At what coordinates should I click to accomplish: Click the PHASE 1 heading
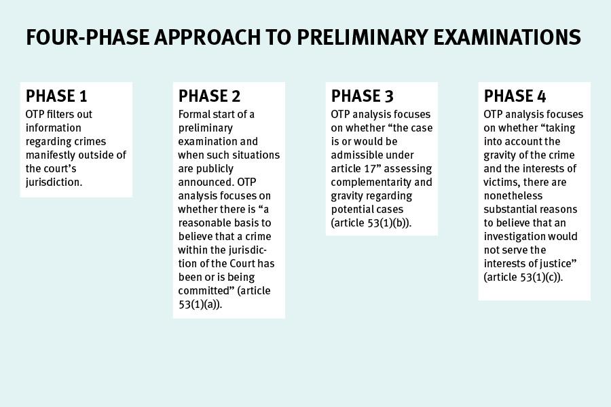click(56, 96)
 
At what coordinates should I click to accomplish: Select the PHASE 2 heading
click(209, 96)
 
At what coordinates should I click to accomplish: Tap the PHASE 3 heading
click(362, 96)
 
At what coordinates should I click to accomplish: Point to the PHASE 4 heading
click(515, 96)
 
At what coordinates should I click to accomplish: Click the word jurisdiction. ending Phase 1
click(54, 182)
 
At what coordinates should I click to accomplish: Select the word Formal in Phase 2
click(195, 115)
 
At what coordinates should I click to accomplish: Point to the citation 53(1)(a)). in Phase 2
click(201, 305)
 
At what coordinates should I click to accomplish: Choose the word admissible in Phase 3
click(358, 155)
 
